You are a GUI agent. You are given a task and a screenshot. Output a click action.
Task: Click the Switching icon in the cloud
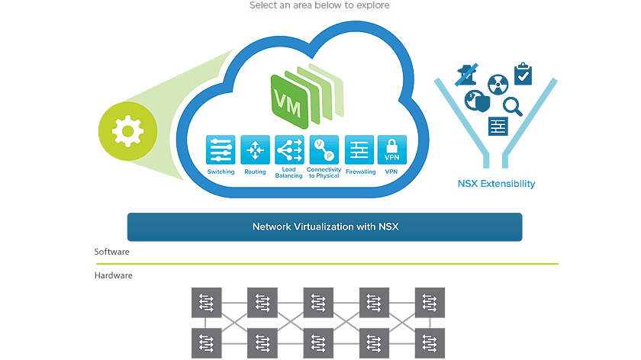221,150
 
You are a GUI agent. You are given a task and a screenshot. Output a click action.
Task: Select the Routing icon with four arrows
255,150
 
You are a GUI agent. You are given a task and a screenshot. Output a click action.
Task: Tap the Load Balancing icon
289,150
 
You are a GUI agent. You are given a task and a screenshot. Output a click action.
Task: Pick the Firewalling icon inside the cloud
359,150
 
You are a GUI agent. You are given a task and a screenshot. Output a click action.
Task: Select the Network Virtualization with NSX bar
324,227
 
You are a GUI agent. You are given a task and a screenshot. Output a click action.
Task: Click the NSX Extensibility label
496,184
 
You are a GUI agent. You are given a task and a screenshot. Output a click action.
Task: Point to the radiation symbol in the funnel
498,83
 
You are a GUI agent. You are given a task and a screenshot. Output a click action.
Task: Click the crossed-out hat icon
467,74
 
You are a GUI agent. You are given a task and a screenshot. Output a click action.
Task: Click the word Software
112,252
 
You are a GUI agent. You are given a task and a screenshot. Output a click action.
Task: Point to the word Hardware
114,275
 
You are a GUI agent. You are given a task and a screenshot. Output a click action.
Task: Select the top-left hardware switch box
206,302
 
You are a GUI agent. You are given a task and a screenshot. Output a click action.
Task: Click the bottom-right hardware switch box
430,343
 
